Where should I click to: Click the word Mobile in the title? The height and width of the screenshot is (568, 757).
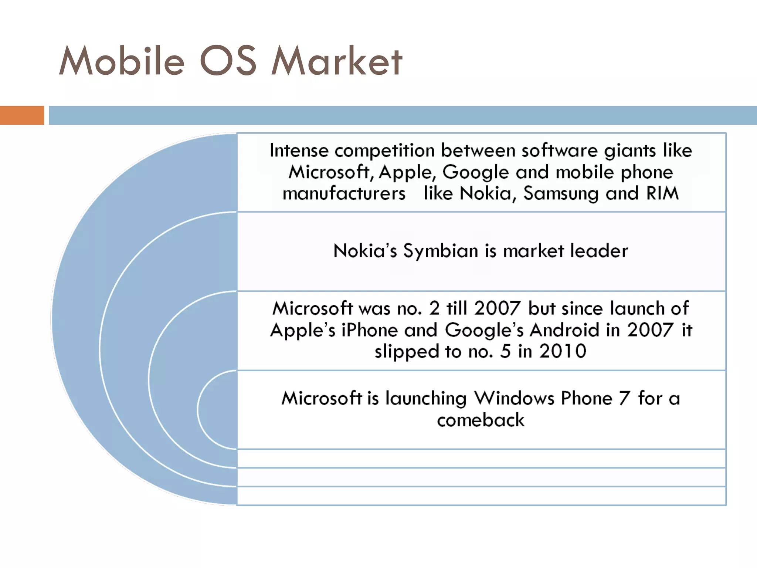[122, 61]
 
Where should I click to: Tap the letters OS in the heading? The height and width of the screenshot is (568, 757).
[228, 61]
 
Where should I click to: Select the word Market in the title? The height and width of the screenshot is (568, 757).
[337, 61]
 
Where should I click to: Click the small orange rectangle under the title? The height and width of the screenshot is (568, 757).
[22, 115]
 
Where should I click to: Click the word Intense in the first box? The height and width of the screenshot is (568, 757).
[299, 151]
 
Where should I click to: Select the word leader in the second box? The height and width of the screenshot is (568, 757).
[599, 251]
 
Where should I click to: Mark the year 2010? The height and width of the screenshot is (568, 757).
[563, 351]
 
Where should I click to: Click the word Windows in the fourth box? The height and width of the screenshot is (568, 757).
[514, 398]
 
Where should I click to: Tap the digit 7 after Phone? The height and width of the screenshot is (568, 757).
[624, 398]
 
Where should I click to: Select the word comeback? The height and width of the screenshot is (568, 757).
[481, 420]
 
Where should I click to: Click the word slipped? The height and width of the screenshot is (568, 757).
[407, 352]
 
